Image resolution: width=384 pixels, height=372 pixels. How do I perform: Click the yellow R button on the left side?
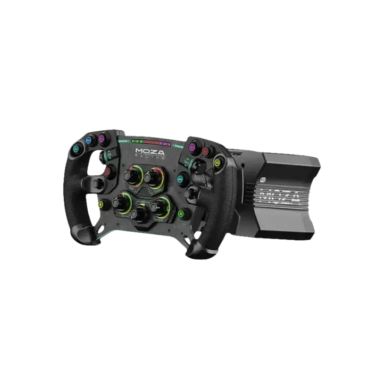click(99, 204)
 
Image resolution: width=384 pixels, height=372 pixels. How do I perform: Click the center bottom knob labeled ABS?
click(140, 214)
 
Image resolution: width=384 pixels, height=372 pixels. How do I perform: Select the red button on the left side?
click(108, 172)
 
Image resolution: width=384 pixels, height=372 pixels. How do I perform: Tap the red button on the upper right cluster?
click(205, 152)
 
